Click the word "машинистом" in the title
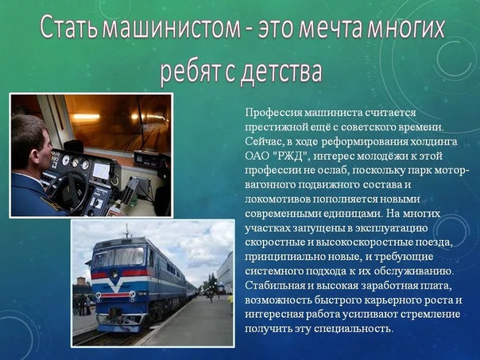click(x=171, y=28)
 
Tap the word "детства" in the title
click(x=282, y=73)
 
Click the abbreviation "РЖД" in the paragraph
click(x=289, y=156)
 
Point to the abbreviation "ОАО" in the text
click(x=257, y=157)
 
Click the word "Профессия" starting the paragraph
click(x=273, y=113)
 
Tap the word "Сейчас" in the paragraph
click(x=263, y=141)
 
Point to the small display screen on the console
click(x=101, y=171)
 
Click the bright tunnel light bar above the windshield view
click(x=87, y=117)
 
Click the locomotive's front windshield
click(x=118, y=256)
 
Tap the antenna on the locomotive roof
click(x=126, y=230)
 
